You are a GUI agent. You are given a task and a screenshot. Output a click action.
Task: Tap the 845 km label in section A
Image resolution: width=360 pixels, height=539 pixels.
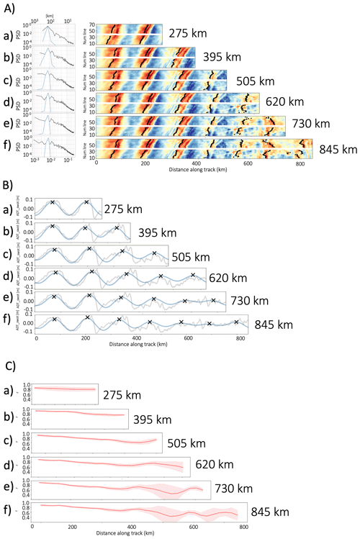pos(338,150)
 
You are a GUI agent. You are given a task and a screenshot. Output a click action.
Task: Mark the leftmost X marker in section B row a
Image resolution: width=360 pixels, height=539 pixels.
pos(53,202)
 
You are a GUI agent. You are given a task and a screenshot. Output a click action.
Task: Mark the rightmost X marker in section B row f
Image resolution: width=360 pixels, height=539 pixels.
pos(236,322)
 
